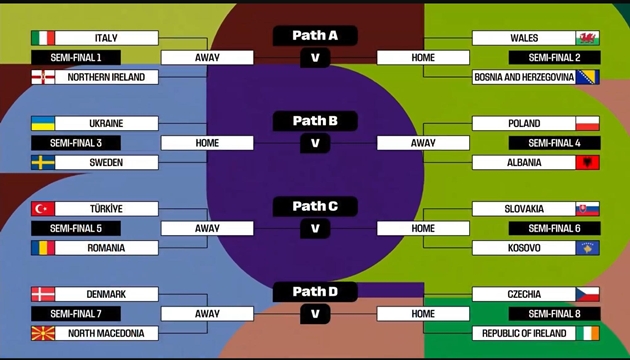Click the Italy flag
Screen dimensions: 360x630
point(44,38)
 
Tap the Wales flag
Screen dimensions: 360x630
point(586,38)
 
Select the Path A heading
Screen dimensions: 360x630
point(315,35)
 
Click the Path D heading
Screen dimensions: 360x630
point(315,292)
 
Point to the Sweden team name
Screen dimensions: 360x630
point(106,162)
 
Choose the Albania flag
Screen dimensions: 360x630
point(586,162)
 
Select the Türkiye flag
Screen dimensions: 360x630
point(44,209)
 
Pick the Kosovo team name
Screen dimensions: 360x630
point(523,248)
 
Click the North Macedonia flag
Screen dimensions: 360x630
point(44,333)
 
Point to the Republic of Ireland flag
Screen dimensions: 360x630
point(586,333)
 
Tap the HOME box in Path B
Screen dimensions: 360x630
point(207,143)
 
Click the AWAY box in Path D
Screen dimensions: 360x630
point(207,314)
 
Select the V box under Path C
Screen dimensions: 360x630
point(315,228)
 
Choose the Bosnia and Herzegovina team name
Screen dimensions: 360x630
point(523,77)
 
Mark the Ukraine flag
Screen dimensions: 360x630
point(44,124)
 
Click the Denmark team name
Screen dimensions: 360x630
point(106,294)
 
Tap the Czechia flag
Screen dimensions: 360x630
point(586,294)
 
